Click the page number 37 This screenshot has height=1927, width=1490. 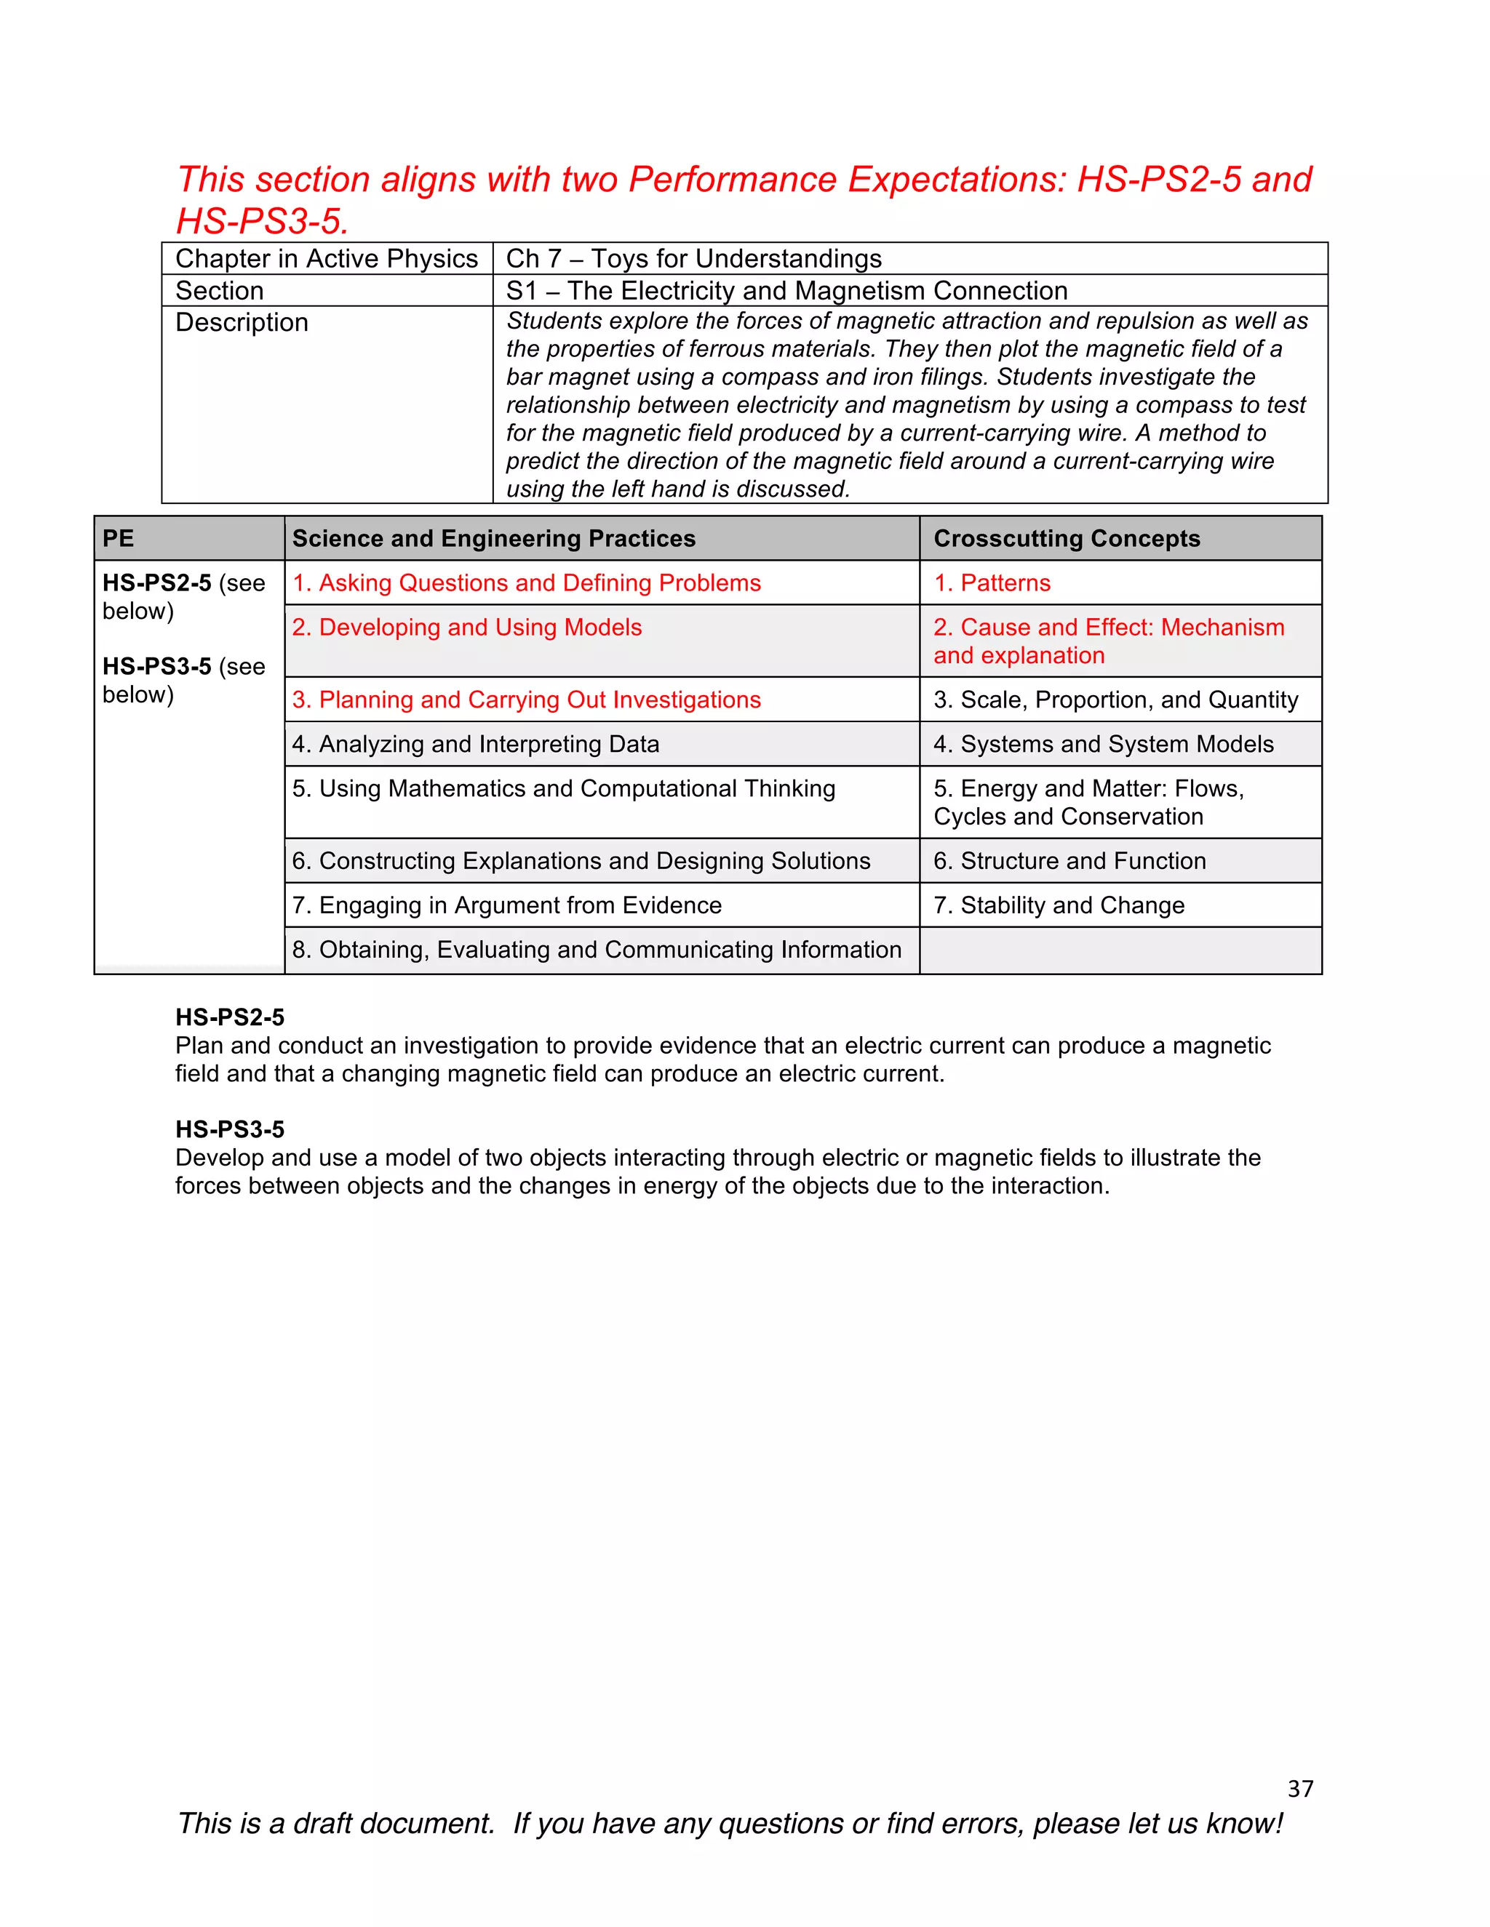pyautogui.click(x=1299, y=1789)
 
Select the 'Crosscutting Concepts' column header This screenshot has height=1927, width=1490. pyautogui.click(x=1067, y=538)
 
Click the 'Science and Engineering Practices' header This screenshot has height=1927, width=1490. pyautogui.click(x=493, y=538)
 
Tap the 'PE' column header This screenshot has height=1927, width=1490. pyautogui.click(x=119, y=538)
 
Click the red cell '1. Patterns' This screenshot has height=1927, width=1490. pyautogui.click(x=992, y=583)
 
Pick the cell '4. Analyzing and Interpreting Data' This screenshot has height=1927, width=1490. pyautogui.click(x=476, y=744)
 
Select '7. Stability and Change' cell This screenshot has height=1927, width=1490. pyautogui.click(x=1059, y=905)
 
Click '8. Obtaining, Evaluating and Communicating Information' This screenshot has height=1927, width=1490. pyautogui.click(x=597, y=950)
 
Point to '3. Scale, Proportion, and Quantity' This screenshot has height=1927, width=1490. pyautogui.click(x=1116, y=700)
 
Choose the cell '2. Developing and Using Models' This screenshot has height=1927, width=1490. pyautogui.click(x=467, y=628)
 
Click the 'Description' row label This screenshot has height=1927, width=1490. pyautogui.click(x=242, y=323)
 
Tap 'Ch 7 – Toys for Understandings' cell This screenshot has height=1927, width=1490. pyautogui.click(x=694, y=259)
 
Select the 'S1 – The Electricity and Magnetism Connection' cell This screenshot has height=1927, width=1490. pyautogui.click(x=786, y=290)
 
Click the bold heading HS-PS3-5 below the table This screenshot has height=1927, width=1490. pyautogui.click(x=229, y=1129)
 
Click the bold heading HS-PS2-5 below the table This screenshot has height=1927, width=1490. pyautogui.click(x=229, y=1017)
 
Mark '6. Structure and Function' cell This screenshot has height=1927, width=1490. pyautogui.click(x=1069, y=861)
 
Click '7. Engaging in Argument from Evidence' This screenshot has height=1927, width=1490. pyautogui.click(x=506, y=905)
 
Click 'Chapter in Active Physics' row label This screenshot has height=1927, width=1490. pyautogui.click(x=327, y=259)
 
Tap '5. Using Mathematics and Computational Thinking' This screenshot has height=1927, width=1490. pyautogui.click(x=563, y=789)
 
